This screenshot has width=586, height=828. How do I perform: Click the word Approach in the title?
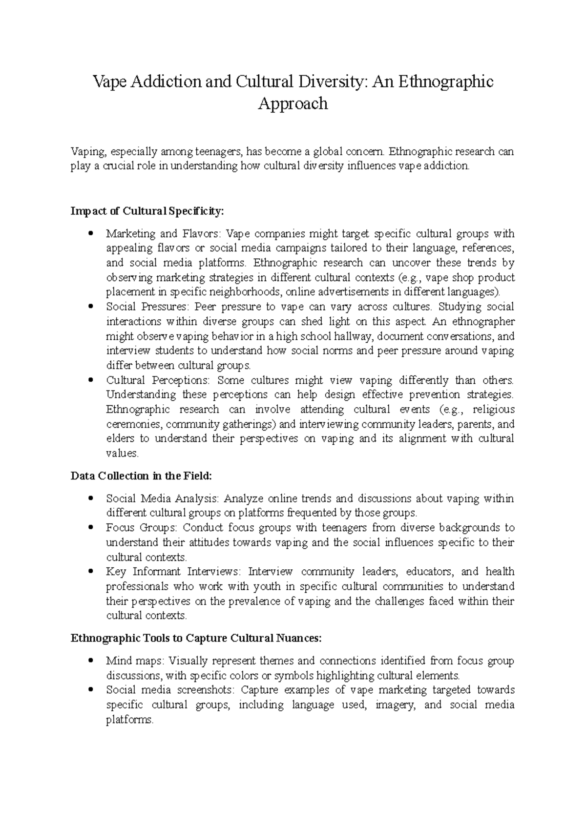point(293,104)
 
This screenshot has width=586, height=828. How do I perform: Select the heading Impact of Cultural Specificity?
point(147,211)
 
